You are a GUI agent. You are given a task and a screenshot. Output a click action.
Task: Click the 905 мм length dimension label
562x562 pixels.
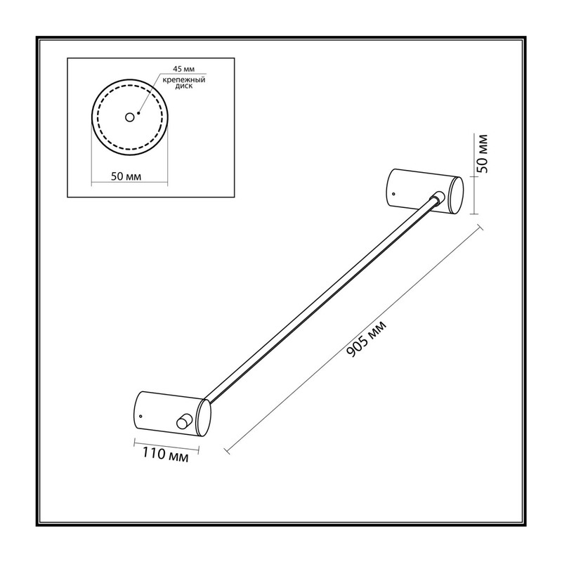click(x=367, y=339)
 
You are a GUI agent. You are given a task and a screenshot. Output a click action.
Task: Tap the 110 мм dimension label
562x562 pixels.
click(x=165, y=455)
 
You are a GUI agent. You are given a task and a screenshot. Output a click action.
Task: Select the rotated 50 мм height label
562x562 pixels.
click(x=483, y=153)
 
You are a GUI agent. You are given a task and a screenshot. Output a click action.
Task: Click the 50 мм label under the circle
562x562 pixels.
click(x=126, y=176)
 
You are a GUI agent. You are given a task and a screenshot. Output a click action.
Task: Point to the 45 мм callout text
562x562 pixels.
click(x=184, y=69)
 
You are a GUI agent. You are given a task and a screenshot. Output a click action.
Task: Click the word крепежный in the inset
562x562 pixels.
click(x=184, y=80)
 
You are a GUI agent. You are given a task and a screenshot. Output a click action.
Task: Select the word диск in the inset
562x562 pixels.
click(x=184, y=86)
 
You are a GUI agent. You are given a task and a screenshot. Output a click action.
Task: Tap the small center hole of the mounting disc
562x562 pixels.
click(x=129, y=117)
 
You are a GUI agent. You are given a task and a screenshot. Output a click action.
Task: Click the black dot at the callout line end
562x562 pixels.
click(x=138, y=113)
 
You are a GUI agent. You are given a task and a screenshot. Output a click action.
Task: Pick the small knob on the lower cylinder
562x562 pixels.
click(x=184, y=421)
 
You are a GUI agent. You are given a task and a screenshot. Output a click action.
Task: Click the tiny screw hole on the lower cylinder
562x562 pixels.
click(x=140, y=416)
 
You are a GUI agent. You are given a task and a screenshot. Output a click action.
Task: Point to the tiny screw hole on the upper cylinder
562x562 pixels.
click(x=393, y=194)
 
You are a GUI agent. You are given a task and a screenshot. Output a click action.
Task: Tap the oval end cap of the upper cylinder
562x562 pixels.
click(x=456, y=195)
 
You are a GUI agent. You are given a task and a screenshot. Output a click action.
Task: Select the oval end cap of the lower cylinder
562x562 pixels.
click(x=204, y=418)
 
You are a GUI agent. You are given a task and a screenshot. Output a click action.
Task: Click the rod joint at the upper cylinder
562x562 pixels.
click(x=438, y=197)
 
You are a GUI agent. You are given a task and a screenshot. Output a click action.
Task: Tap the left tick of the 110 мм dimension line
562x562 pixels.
click(x=134, y=443)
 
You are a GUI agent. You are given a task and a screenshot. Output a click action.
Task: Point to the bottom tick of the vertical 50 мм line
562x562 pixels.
click(x=473, y=214)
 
